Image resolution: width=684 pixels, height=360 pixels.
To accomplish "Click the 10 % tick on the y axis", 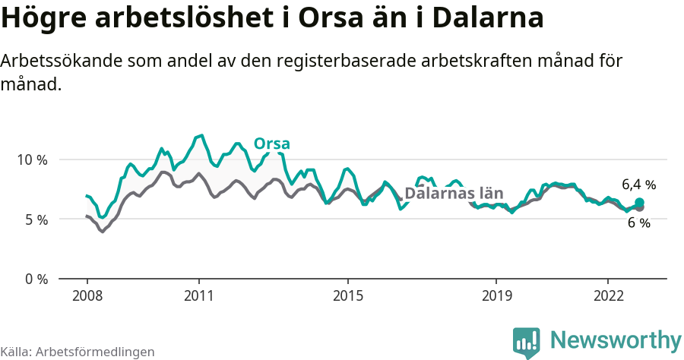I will (x=31, y=160).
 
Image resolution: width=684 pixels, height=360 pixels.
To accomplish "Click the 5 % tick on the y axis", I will (x=34, y=219).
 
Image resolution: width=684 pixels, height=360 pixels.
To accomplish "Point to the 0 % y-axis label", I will (x=34, y=279).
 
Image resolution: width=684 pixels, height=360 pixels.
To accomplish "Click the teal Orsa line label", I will (x=271, y=144).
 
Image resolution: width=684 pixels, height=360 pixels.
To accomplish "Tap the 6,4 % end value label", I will (x=638, y=185).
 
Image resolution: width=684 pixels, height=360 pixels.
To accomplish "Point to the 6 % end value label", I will (x=638, y=223).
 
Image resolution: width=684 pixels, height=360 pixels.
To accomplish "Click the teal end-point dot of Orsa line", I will (x=639, y=202).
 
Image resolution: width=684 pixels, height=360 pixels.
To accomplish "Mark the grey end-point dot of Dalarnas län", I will (x=639, y=207).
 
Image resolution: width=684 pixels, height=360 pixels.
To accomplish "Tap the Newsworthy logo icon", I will (x=526, y=342).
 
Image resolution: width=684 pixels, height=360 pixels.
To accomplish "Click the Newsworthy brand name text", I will (x=616, y=339).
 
